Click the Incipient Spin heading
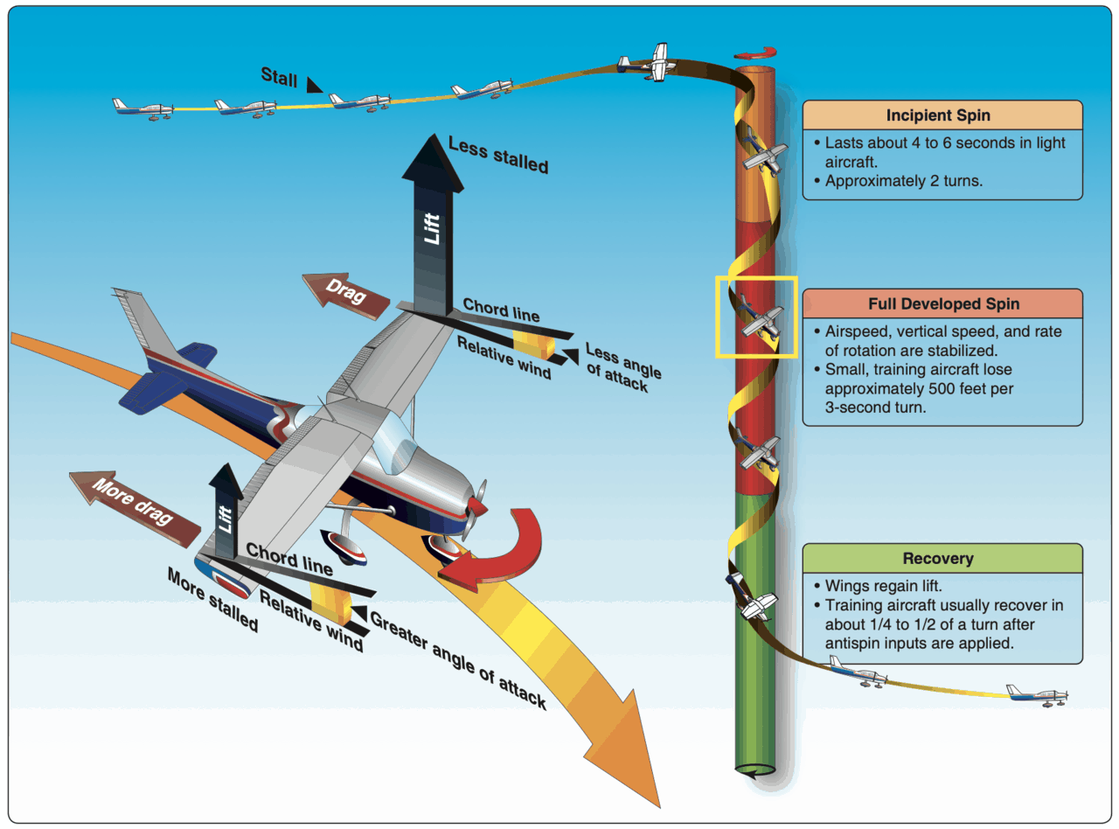(938, 115)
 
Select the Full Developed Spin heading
(943, 304)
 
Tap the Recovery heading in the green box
(938, 559)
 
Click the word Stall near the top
(279, 77)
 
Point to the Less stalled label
(498, 155)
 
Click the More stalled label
(212, 600)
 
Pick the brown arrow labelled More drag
(135, 508)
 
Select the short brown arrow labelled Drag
(345, 296)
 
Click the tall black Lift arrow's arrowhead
(433, 163)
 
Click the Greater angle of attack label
(458, 660)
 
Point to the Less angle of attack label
(623, 367)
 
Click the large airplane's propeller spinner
(476, 506)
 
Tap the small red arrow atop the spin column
(755, 53)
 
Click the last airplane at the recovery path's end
(1038, 696)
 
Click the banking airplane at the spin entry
(647, 63)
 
